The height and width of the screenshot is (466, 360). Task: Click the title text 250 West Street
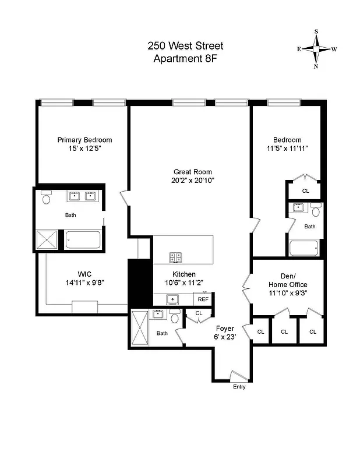click(185, 46)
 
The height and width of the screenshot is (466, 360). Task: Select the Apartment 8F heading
click(185, 58)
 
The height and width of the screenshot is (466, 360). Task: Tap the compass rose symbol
click(316, 49)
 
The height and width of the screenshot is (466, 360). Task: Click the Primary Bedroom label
click(84, 140)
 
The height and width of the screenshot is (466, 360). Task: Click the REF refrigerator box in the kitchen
click(203, 299)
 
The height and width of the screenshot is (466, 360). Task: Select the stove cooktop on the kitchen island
click(175, 256)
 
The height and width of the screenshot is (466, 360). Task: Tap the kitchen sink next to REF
click(172, 299)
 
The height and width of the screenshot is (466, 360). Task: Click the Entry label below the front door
click(239, 387)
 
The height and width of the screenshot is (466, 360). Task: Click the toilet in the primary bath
click(47, 197)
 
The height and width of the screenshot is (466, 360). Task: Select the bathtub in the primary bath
click(83, 239)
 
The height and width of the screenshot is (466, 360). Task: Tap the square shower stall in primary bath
click(48, 239)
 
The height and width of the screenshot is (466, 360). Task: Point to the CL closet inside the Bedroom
click(305, 190)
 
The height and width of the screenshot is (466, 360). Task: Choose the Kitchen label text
click(183, 274)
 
